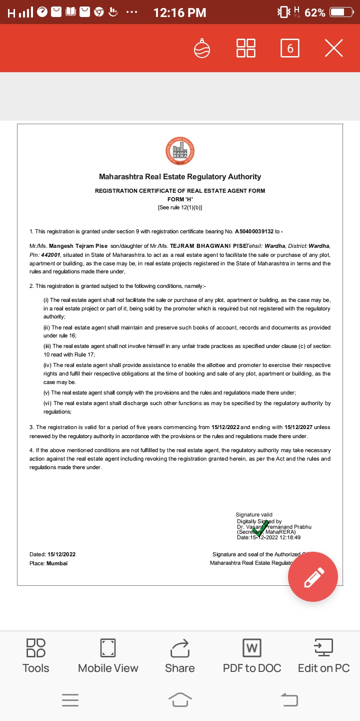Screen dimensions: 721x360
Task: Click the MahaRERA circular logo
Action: (180, 151)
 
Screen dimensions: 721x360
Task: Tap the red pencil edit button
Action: (313, 577)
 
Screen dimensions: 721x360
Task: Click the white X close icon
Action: (333, 48)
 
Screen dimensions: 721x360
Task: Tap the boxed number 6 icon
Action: (290, 48)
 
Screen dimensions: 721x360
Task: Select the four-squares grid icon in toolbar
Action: (245, 48)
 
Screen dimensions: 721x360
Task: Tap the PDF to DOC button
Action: (252, 655)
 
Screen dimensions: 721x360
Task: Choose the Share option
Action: (180, 655)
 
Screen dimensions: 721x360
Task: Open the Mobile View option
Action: (108, 655)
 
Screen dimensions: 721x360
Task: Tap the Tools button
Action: (36, 655)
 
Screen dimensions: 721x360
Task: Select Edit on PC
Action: (323, 655)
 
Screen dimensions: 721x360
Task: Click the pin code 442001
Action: (51, 255)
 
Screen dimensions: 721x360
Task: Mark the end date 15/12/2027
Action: (298, 427)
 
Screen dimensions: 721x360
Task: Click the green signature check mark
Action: (258, 528)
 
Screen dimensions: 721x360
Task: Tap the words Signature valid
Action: (254, 515)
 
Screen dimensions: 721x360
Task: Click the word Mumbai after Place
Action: (57, 563)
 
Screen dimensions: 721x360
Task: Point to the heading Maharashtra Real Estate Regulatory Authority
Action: (180, 177)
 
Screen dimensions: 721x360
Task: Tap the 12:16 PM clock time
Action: (179, 13)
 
